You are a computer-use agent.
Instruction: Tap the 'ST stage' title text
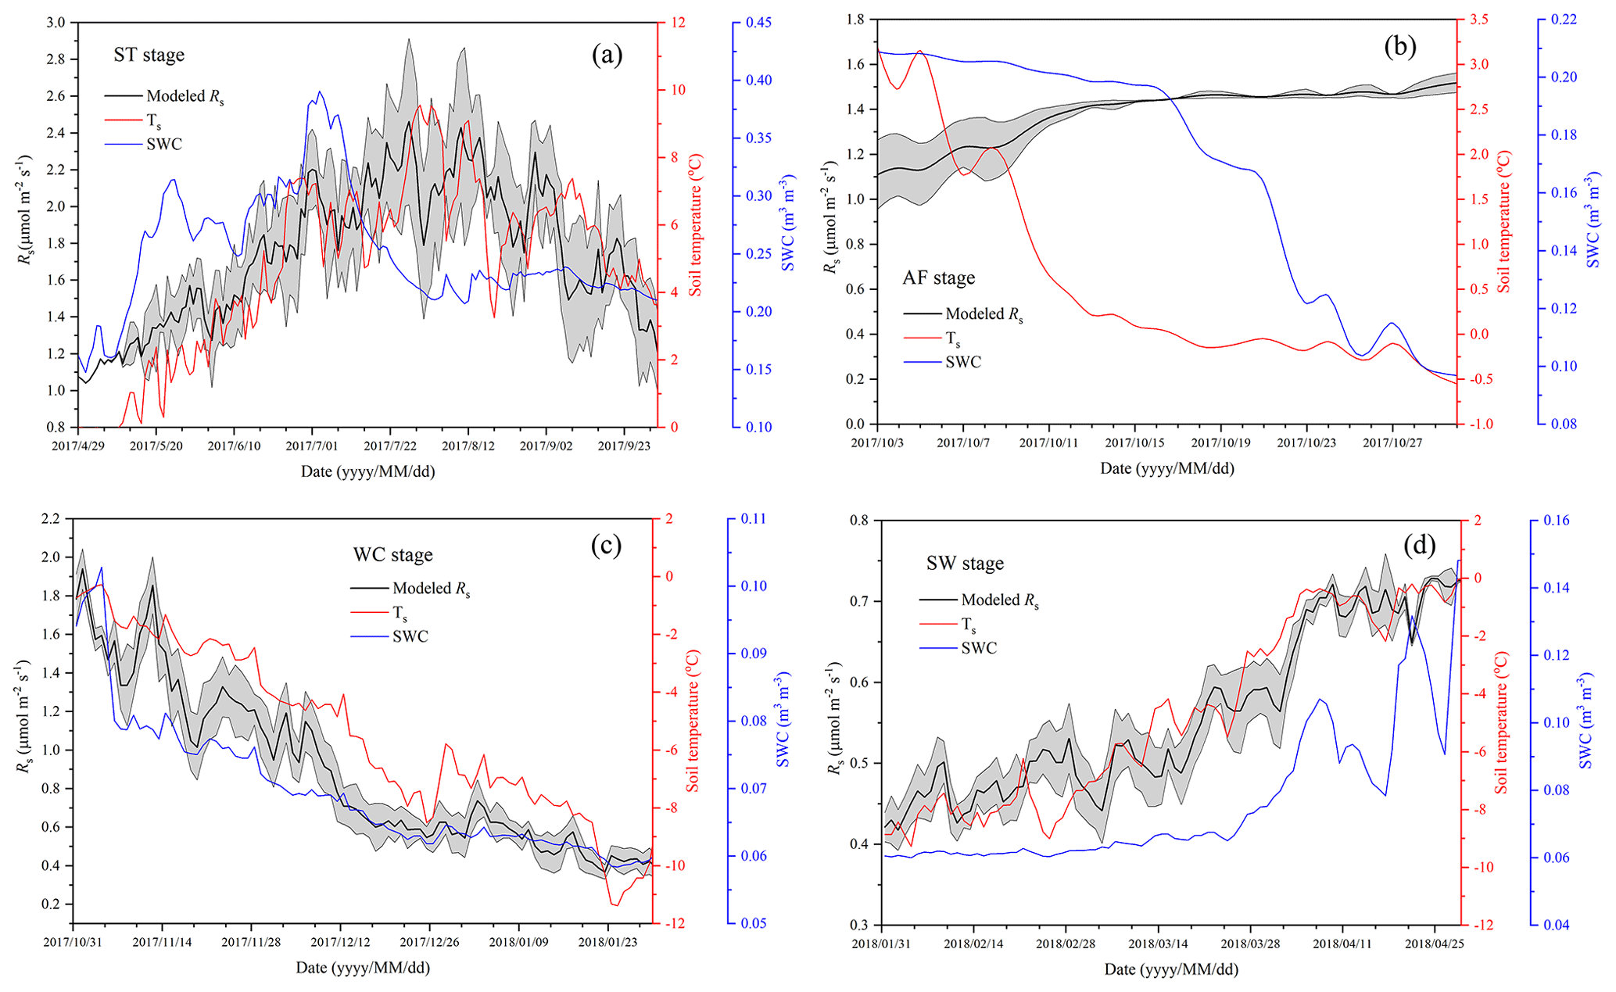point(149,56)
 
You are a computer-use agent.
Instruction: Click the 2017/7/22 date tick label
point(390,446)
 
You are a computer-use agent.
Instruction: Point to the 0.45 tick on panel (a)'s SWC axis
point(758,23)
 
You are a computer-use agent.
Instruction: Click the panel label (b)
point(1399,48)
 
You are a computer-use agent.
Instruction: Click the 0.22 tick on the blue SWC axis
point(1562,20)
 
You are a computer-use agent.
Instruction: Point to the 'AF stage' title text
point(939,278)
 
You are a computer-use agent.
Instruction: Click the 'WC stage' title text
point(392,555)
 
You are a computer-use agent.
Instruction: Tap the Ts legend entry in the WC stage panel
point(400,613)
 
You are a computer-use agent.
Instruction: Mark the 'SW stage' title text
point(965,563)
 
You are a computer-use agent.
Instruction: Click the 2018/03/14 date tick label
point(1158,944)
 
